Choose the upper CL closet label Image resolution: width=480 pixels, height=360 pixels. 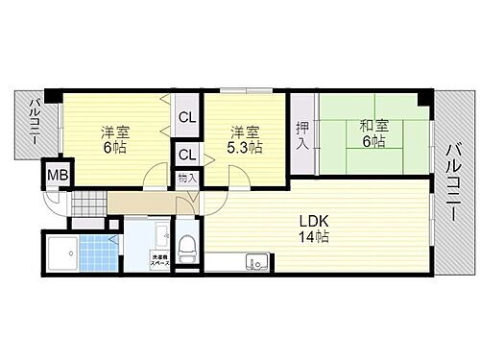pyautogui.click(x=187, y=119)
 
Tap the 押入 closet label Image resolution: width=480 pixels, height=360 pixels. pyautogui.click(x=302, y=133)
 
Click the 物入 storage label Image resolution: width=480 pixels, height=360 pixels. pyautogui.click(x=187, y=178)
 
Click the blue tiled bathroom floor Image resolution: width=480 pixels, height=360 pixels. pyautogui.click(x=97, y=254)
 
